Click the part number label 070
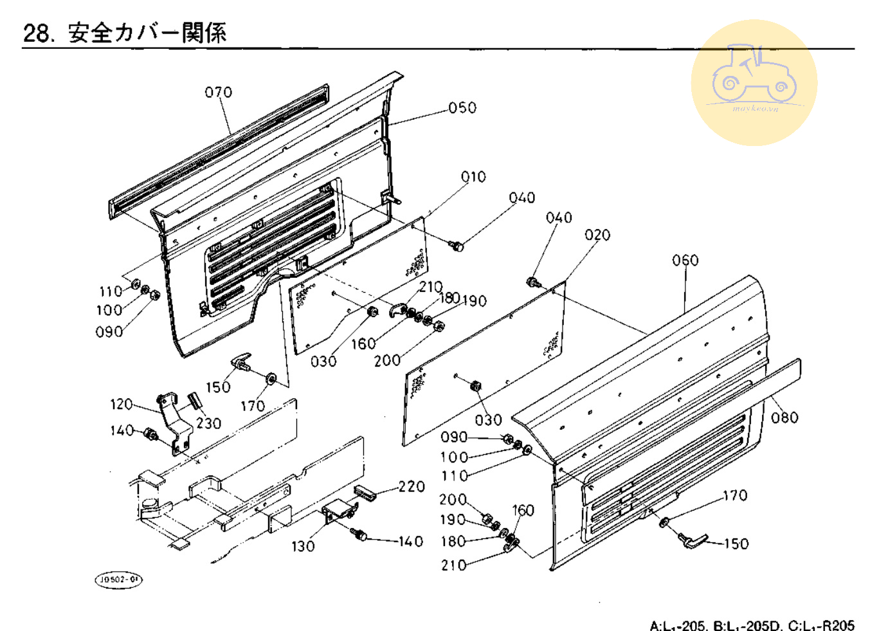[x=218, y=93]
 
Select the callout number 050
[x=462, y=108]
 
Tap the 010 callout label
[x=473, y=177]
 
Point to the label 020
[x=597, y=235]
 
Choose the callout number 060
[x=685, y=261]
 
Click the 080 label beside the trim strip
[x=784, y=418]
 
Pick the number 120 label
[x=122, y=405]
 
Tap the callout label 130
[x=303, y=547]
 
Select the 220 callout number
[x=412, y=487]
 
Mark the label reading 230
[x=208, y=423]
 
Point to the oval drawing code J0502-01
[x=119, y=580]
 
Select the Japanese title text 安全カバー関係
[x=147, y=33]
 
